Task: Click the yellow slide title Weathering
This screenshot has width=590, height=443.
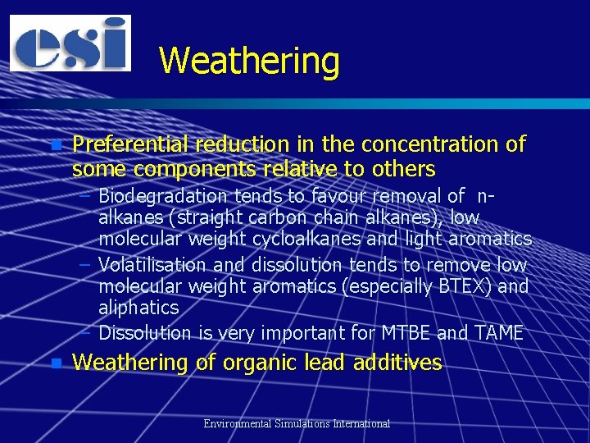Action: [249, 62]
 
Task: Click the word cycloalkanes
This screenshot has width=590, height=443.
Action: [316, 239]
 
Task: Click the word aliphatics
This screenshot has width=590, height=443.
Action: [138, 308]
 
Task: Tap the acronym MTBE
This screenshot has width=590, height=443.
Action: [405, 333]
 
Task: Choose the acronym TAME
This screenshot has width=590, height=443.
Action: [497, 333]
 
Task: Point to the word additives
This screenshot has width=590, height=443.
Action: [397, 363]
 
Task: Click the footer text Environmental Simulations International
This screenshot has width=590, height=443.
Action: [297, 424]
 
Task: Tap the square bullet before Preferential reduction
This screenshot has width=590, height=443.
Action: [55, 146]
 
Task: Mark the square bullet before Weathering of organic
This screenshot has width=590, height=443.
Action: [55, 363]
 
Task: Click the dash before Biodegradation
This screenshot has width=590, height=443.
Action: [86, 197]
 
